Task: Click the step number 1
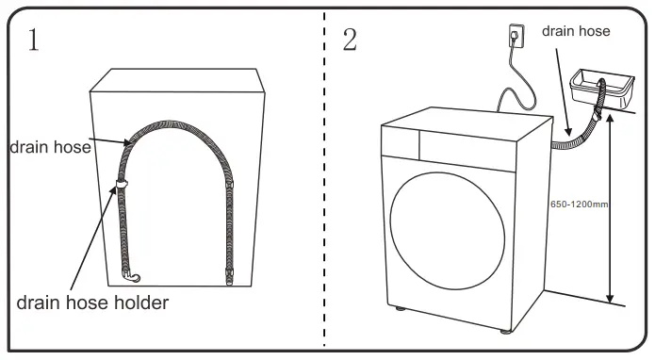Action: click(x=33, y=40)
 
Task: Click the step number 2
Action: click(x=350, y=40)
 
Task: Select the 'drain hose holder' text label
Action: click(x=92, y=303)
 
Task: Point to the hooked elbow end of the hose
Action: click(x=133, y=276)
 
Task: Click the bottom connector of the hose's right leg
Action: click(x=230, y=277)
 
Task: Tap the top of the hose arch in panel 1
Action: click(x=176, y=123)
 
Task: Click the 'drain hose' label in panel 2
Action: click(x=576, y=31)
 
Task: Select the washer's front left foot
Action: click(x=402, y=308)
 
